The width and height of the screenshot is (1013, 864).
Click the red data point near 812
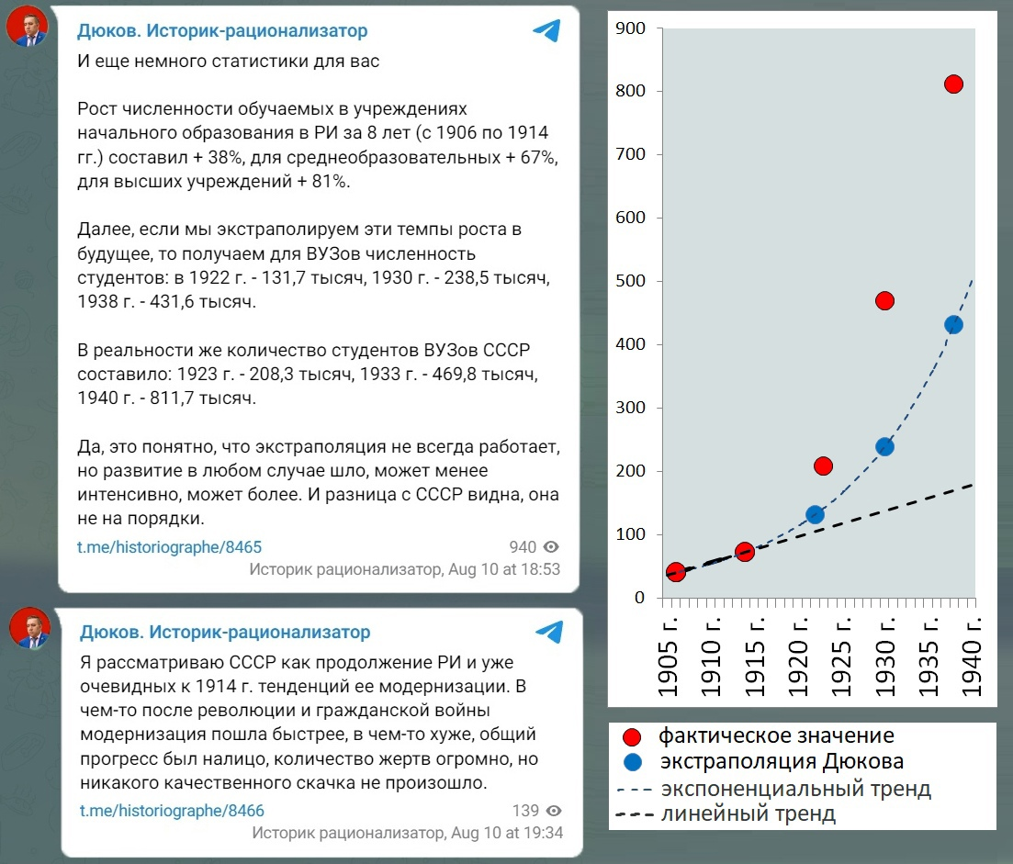pos(953,84)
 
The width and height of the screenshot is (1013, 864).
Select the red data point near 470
pos(884,301)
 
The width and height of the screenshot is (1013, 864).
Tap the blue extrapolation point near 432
pos(953,325)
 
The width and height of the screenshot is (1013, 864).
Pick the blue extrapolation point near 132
pos(815,515)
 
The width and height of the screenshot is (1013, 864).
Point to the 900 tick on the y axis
pos(633,28)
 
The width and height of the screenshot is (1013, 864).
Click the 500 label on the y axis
pos(633,281)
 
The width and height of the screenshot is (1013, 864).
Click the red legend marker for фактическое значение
pos(631,736)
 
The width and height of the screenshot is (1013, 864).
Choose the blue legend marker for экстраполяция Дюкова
pos(631,762)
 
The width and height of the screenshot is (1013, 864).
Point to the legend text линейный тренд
pos(748,814)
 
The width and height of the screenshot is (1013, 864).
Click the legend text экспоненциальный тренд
pos(795,788)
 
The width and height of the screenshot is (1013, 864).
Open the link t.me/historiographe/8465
pos(169,547)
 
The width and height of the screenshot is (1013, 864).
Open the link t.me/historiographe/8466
pos(172,811)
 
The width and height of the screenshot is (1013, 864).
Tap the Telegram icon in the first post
pos(546,31)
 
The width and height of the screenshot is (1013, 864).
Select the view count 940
pos(523,547)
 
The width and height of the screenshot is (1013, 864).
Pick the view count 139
pos(525,811)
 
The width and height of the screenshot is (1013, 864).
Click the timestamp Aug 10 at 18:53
pos(503,569)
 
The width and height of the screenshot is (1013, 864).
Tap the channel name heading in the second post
pos(225,632)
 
